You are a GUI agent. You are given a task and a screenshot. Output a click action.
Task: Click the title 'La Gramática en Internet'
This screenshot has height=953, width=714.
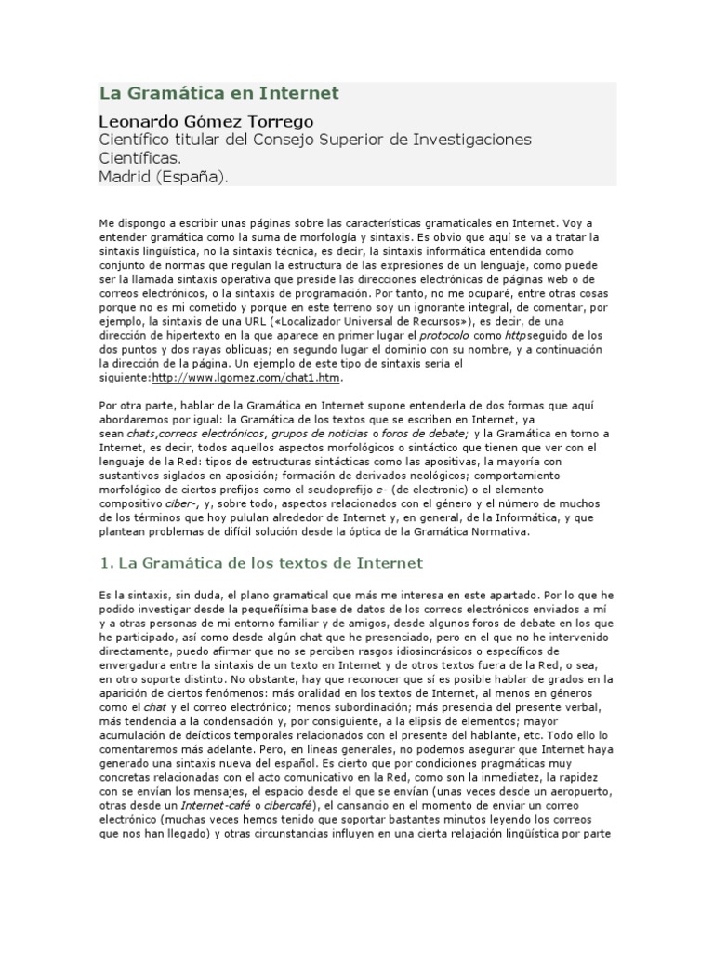218,94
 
